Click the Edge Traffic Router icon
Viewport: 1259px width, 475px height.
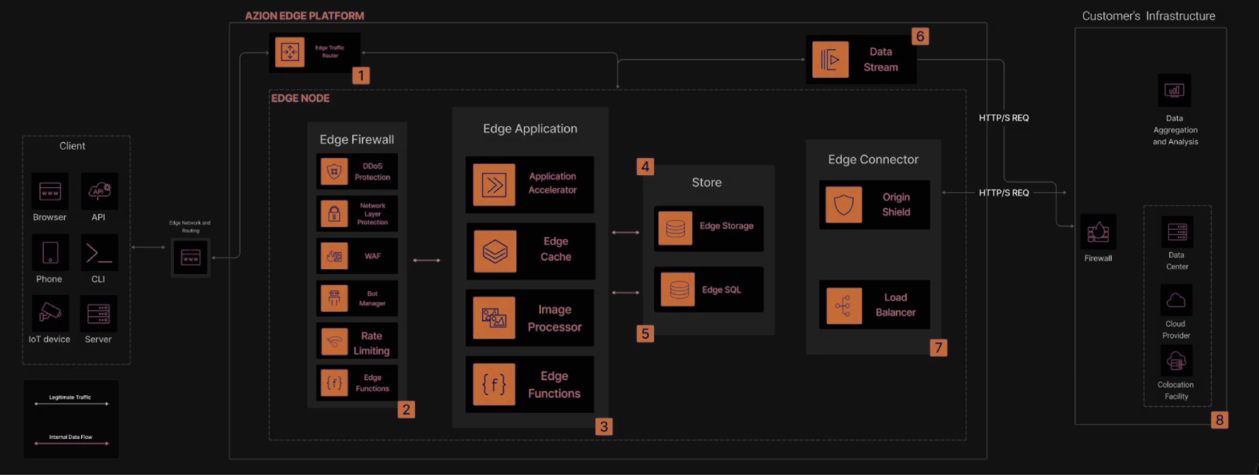pos(289,52)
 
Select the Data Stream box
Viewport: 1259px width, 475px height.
pos(861,60)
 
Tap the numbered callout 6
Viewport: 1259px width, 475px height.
pos(920,36)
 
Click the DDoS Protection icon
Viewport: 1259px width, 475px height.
pos(334,172)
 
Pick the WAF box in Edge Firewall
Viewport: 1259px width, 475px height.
pos(356,256)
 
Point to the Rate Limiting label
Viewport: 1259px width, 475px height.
pos(371,343)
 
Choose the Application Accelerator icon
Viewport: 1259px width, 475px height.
pos(494,185)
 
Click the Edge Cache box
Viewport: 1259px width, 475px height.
pos(531,251)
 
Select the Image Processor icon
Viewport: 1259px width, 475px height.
pos(494,318)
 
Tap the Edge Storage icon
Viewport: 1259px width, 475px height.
pos(675,228)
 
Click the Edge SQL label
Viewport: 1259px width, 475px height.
pos(721,290)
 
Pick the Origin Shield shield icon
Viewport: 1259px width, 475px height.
pos(843,204)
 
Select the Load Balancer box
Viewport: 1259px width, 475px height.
pos(874,305)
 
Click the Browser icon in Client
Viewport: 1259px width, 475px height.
pos(50,191)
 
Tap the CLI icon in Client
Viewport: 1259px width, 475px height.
pos(99,253)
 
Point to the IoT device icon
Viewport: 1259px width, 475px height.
pos(50,313)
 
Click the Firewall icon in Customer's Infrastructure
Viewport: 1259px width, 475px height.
pos(1098,232)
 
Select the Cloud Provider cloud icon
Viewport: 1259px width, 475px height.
pos(1176,300)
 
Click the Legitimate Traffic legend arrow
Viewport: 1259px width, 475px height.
pos(71,404)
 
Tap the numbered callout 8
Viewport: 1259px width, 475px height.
pos(1219,420)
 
